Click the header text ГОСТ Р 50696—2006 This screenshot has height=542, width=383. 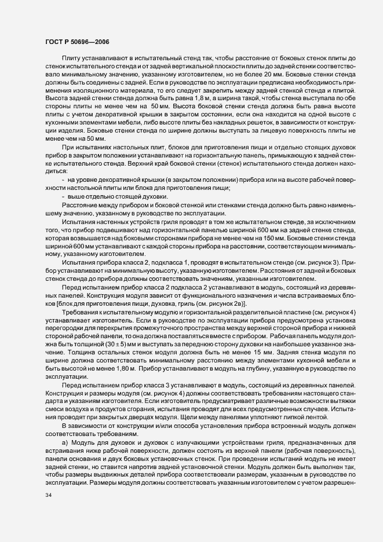point(75,41)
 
